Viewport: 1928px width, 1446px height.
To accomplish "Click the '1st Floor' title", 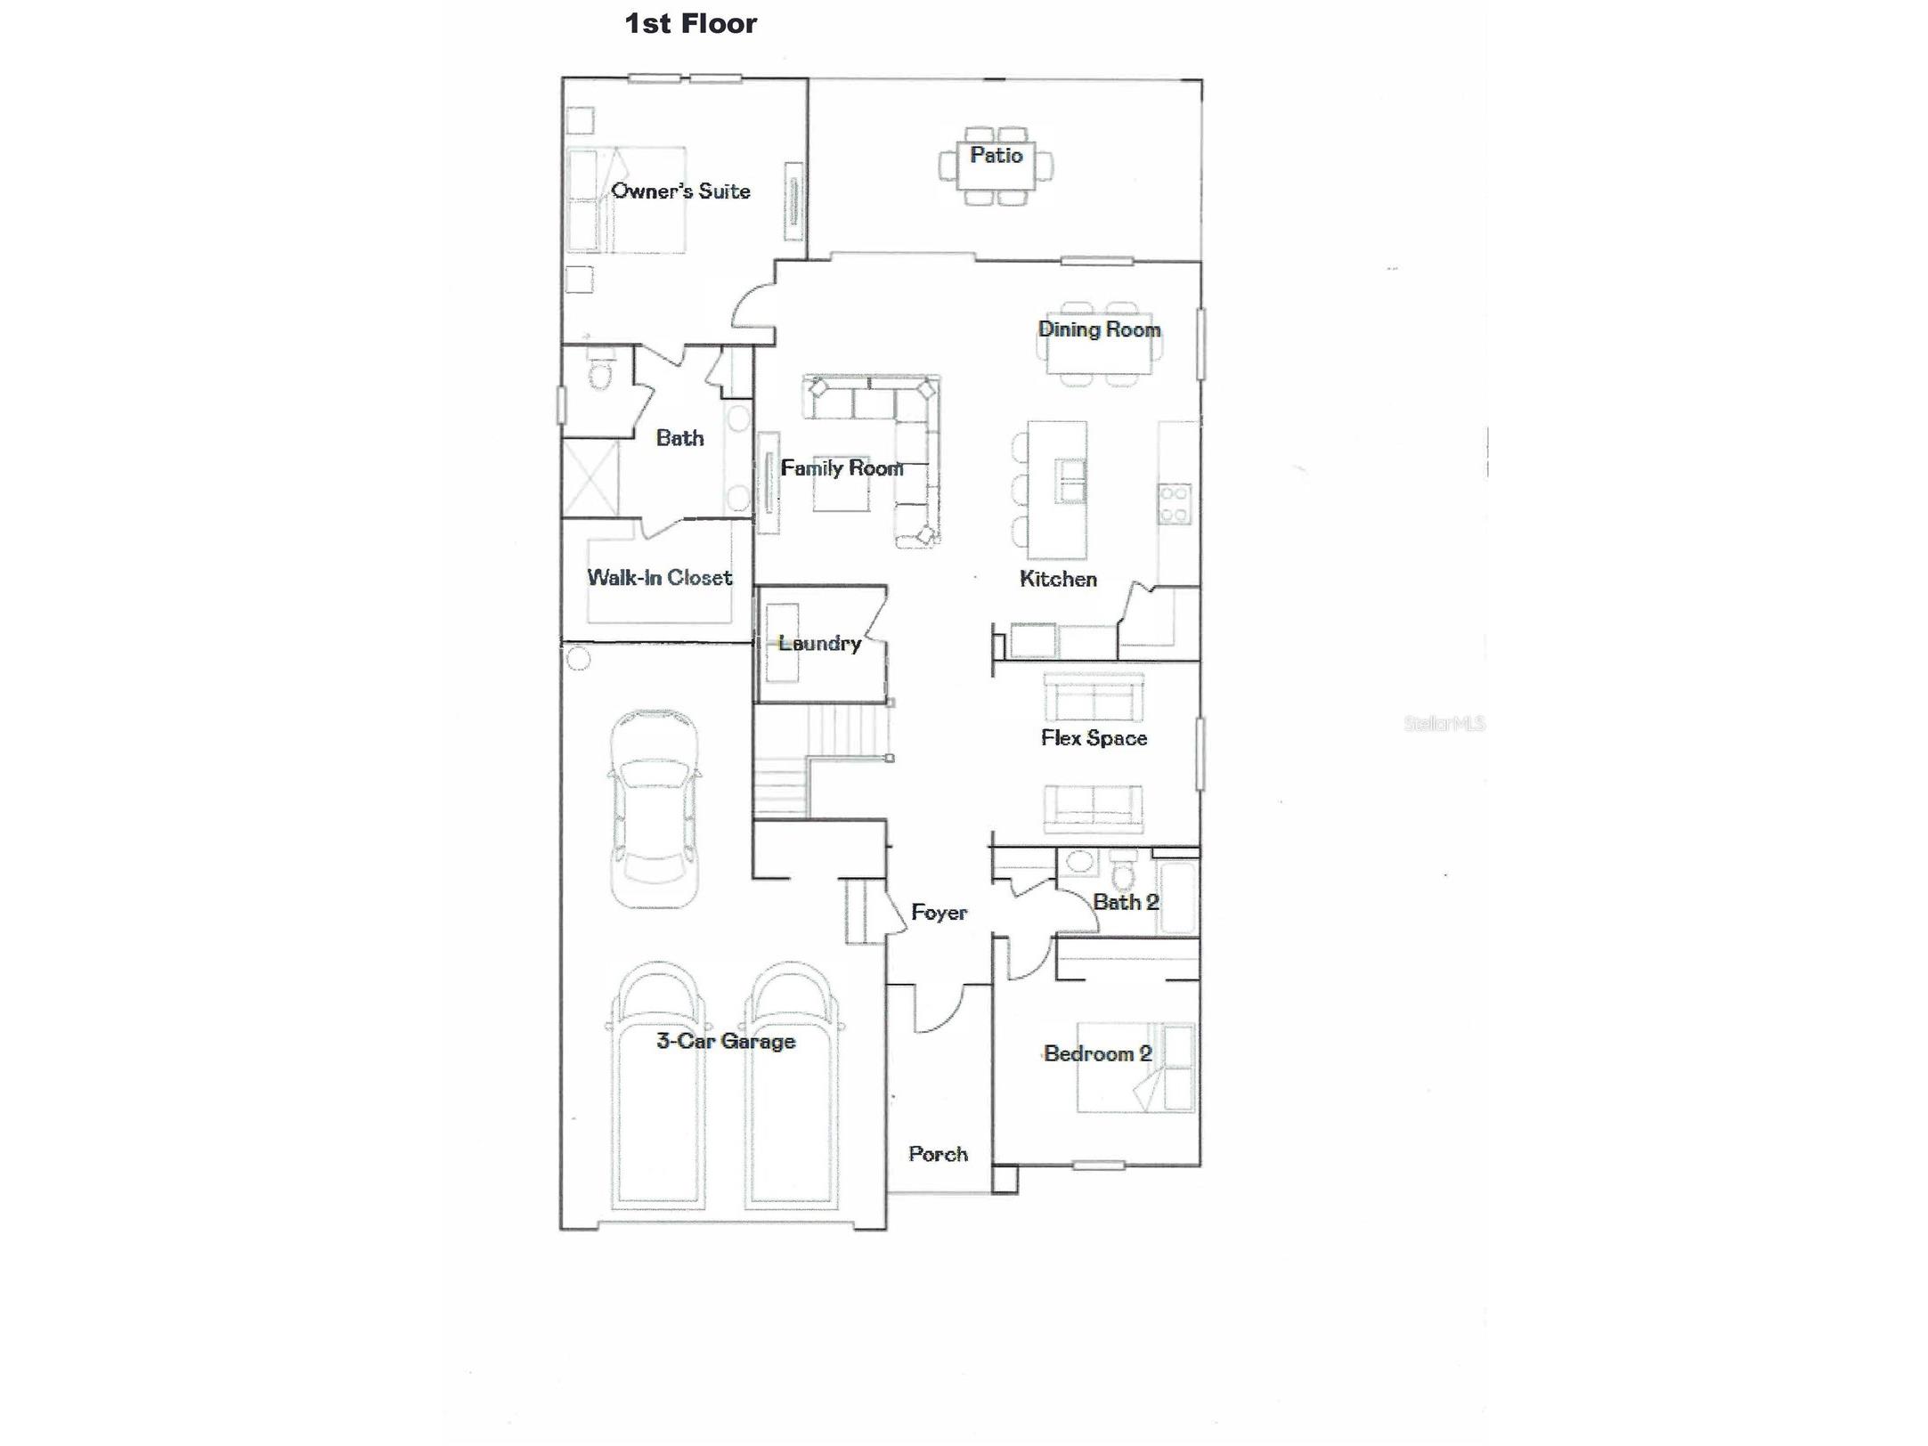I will (690, 23).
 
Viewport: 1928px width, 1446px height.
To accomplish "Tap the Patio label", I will (996, 155).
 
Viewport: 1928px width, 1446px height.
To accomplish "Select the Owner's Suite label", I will (680, 191).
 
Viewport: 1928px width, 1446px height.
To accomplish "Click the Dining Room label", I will (1099, 329).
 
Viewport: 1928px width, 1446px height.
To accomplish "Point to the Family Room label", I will (842, 467).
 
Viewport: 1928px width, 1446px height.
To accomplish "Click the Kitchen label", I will (1057, 579).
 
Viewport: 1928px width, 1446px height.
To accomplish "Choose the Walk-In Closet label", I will (659, 577).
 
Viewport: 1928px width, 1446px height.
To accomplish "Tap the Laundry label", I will (818, 643).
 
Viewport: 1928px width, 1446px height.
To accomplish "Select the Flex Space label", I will (1094, 737).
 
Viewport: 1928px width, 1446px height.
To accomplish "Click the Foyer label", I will (939, 912).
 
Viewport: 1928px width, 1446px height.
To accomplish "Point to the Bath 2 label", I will (1126, 902).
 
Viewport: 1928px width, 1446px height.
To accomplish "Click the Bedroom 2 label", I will (1097, 1053).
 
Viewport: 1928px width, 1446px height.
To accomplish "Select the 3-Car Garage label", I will (725, 1040).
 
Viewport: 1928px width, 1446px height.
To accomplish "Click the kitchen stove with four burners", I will (1175, 503).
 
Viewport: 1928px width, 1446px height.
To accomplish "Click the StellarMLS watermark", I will (1444, 724).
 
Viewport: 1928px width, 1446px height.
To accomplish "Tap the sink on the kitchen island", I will (1070, 480).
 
